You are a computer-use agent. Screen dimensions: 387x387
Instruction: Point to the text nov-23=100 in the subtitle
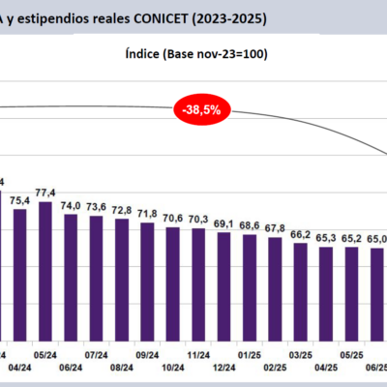(225, 54)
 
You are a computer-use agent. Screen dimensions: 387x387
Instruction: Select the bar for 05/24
(45, 261)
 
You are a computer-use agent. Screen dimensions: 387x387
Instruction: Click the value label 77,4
(45, 193)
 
